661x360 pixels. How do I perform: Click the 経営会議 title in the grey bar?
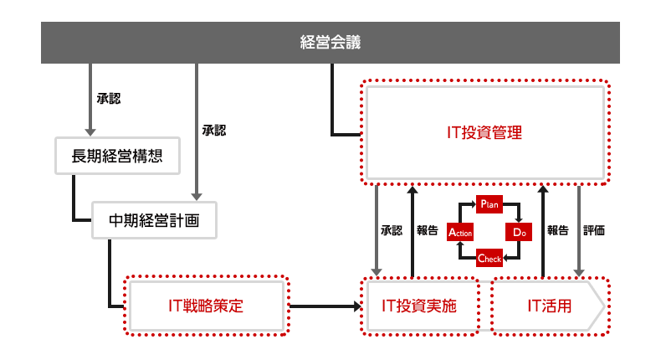point(330,42)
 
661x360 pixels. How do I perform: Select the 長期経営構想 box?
point(116,155)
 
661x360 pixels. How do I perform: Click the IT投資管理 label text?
point(484,132)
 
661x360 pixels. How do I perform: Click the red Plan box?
point(489,203)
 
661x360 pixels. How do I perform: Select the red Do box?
point(517,231)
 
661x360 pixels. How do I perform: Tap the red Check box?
point(489,259)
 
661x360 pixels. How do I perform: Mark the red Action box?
point(460,231)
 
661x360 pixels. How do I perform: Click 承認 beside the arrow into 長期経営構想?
point(109,99)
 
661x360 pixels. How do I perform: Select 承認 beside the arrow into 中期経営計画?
point(214,131)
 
